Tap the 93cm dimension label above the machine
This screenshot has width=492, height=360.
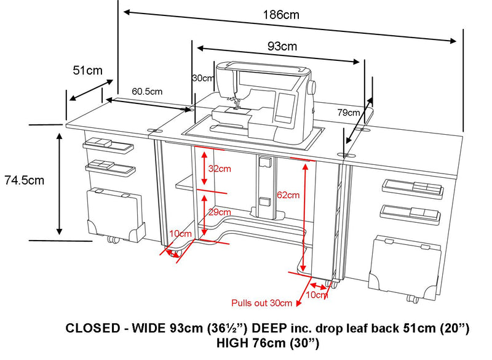[282, 46]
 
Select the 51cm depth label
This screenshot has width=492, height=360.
[87, 71]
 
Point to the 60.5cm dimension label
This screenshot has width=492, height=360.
[146, 91]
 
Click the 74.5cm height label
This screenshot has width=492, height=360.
[24, 180]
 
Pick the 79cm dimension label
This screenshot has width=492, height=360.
[349, 113]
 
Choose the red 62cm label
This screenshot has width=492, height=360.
[287, 196]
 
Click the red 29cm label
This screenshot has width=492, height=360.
[218, 212]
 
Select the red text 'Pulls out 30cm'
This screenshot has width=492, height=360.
[261, 303]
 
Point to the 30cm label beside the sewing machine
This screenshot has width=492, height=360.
[202, 79]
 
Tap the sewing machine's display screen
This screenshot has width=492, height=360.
[284, 106]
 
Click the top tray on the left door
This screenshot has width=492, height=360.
[108, 145]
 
